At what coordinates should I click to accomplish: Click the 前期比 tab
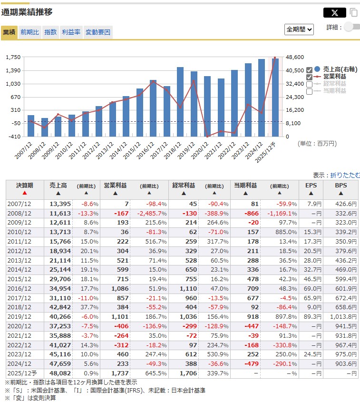click(29, 32)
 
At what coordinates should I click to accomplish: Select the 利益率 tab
click(71, 32)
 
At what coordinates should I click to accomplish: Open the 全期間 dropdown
click(299, 29)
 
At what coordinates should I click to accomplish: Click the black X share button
click(334, 13)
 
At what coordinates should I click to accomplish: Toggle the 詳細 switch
click(352, 27)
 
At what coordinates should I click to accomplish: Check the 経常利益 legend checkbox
click(310, 84)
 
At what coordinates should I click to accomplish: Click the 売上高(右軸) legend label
click(340, 69)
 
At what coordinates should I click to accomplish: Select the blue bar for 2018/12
click(180, 102)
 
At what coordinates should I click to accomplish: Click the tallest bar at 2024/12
click(262, 98)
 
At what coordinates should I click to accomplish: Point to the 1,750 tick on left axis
click(13, 57)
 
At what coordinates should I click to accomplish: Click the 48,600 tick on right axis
click(295, 57)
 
